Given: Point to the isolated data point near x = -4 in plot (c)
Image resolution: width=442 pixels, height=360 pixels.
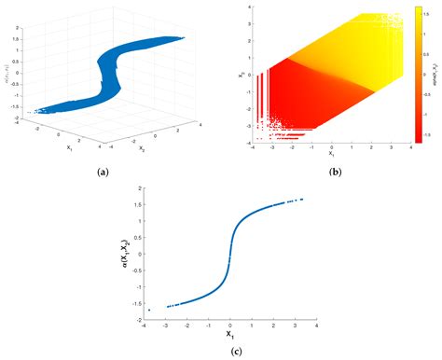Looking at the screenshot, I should tap(149, 310).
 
